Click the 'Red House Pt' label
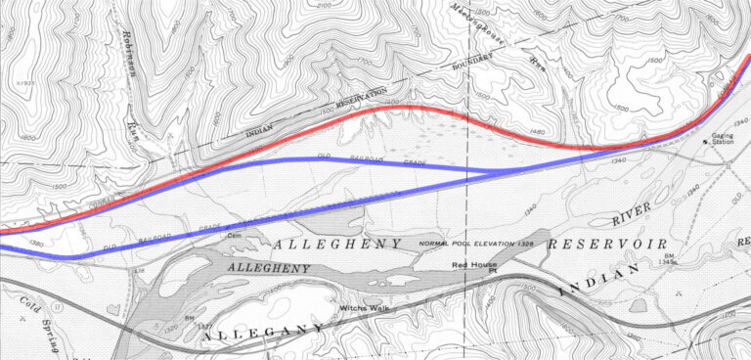[474, 265]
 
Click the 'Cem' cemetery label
[234, 234]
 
